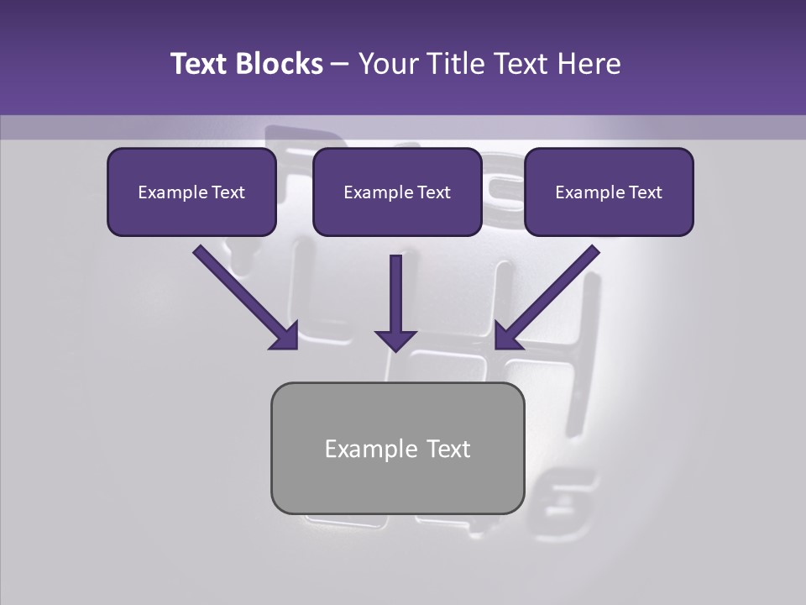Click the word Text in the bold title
[x=201, y=64]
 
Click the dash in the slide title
[x=340, y=65]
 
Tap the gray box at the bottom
[x=397, y=483]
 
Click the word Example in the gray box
[x=365, y=450]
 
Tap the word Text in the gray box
[x=448, y=449]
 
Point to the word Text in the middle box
[x=433, y=192]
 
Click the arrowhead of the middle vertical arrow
[x=395, y=339]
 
